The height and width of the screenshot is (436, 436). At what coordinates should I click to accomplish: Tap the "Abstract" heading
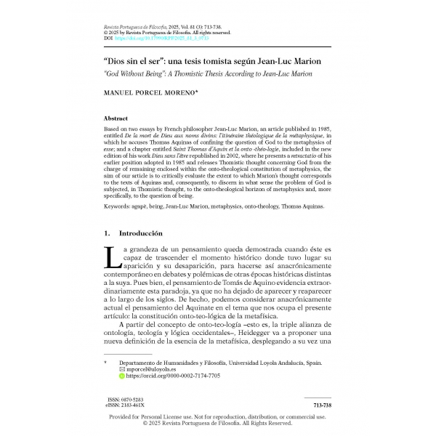[x=116, y=118]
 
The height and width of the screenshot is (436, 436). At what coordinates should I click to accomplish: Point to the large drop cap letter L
[x=111, y=257]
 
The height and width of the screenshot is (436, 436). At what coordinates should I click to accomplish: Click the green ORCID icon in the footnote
[x=122, y=376]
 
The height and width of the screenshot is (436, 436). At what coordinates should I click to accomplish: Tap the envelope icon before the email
[x=122, y=369]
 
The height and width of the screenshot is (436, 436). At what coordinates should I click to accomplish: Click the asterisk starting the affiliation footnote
[x=106, y=362]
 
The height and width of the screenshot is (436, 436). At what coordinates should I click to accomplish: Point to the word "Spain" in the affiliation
[x=313, y=362]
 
